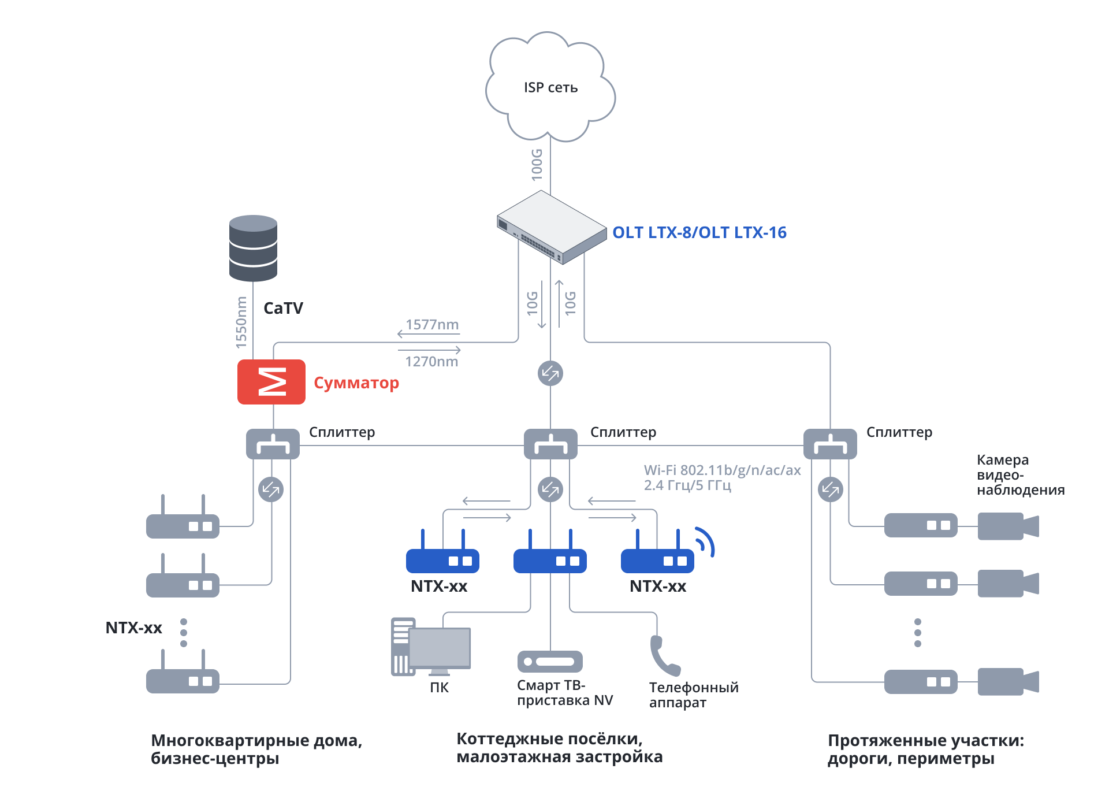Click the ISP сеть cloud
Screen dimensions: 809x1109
[x=550, y=87]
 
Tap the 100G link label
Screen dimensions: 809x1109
[x=537, y=165]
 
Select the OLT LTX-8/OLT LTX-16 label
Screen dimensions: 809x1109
[x=699, y=232]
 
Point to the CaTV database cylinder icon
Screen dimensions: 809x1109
[x=253, y=248]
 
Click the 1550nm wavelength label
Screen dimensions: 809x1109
[x=241, y=322]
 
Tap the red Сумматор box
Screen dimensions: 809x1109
[x=271, y=382]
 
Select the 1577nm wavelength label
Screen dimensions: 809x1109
[x=432, y=325]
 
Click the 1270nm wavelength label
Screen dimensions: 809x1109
[x=431, y=362]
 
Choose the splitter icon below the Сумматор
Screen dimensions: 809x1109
[x=273, y=444]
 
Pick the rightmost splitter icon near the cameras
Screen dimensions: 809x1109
[x=830, y=444]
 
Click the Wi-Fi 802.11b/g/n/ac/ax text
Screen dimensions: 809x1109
[x=722, y=470]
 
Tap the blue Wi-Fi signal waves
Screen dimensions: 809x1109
[x=705, y=541]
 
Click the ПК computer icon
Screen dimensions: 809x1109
[x=431, y=647]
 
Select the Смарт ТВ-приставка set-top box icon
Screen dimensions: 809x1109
[x=550, y=662]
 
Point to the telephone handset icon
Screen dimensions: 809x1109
[x=664, y=656]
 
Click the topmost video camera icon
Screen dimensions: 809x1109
[x=1008, y=526]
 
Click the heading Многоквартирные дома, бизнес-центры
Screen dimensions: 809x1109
[x=256, y=749]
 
